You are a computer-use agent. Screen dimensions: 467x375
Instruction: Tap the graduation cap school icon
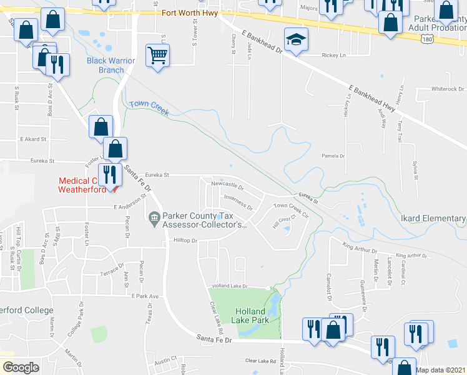295,41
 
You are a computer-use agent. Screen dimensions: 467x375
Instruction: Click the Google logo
21,367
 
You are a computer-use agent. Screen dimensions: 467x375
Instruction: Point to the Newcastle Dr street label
227,184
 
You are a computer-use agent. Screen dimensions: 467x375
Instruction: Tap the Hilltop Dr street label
185,240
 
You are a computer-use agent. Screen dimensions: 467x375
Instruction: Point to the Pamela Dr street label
333,156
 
